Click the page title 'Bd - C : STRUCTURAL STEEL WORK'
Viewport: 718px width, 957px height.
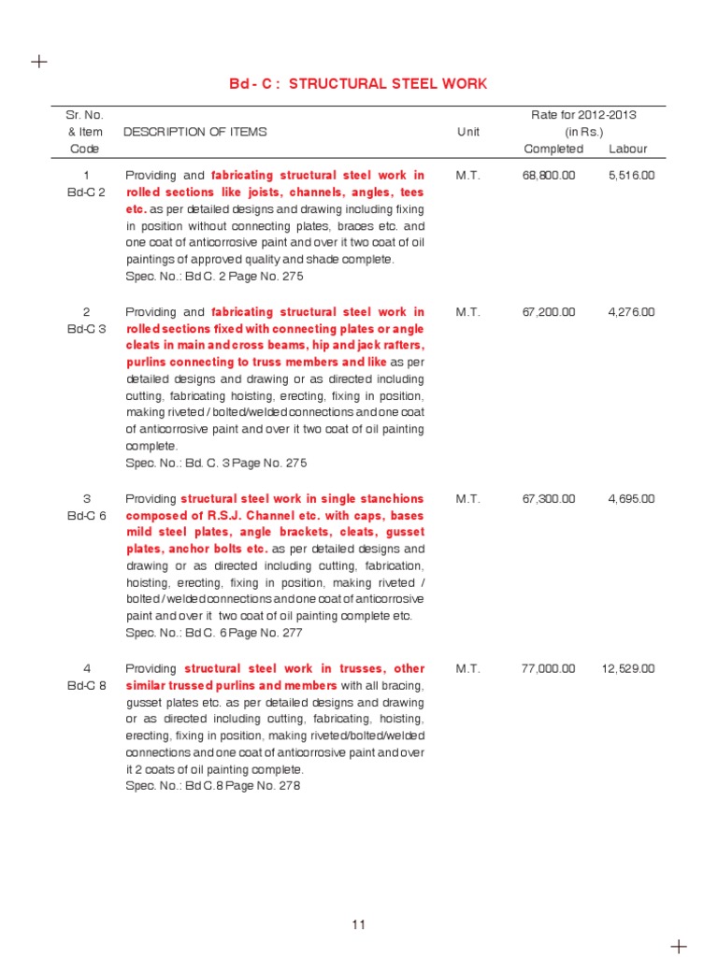pos(358,84)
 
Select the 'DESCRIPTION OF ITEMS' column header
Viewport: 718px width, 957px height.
pos(194,132)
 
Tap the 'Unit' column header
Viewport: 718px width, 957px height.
pos(468,132)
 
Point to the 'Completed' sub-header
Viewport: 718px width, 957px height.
pos(553,150)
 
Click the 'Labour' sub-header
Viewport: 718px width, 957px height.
pos(627,150)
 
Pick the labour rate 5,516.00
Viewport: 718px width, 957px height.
pos(631,175)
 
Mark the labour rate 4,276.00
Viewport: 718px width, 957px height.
pos(631,312)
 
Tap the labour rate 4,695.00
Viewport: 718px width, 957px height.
pos(631,499)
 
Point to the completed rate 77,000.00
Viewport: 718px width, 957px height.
pos(549,669)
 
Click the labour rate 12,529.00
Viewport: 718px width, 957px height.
pos(628,669)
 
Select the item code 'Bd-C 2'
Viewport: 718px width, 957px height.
pos(86,192)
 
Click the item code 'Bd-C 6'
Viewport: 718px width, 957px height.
pos(86,516)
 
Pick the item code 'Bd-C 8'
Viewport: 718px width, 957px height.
pos(86,686)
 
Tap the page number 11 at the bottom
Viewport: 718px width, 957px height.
pos(359,925)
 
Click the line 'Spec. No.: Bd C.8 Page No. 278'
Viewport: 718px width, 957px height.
pos(212,787)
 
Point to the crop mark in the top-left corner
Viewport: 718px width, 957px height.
pos(38,62)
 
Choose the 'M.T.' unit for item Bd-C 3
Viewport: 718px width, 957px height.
pos(468,312)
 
